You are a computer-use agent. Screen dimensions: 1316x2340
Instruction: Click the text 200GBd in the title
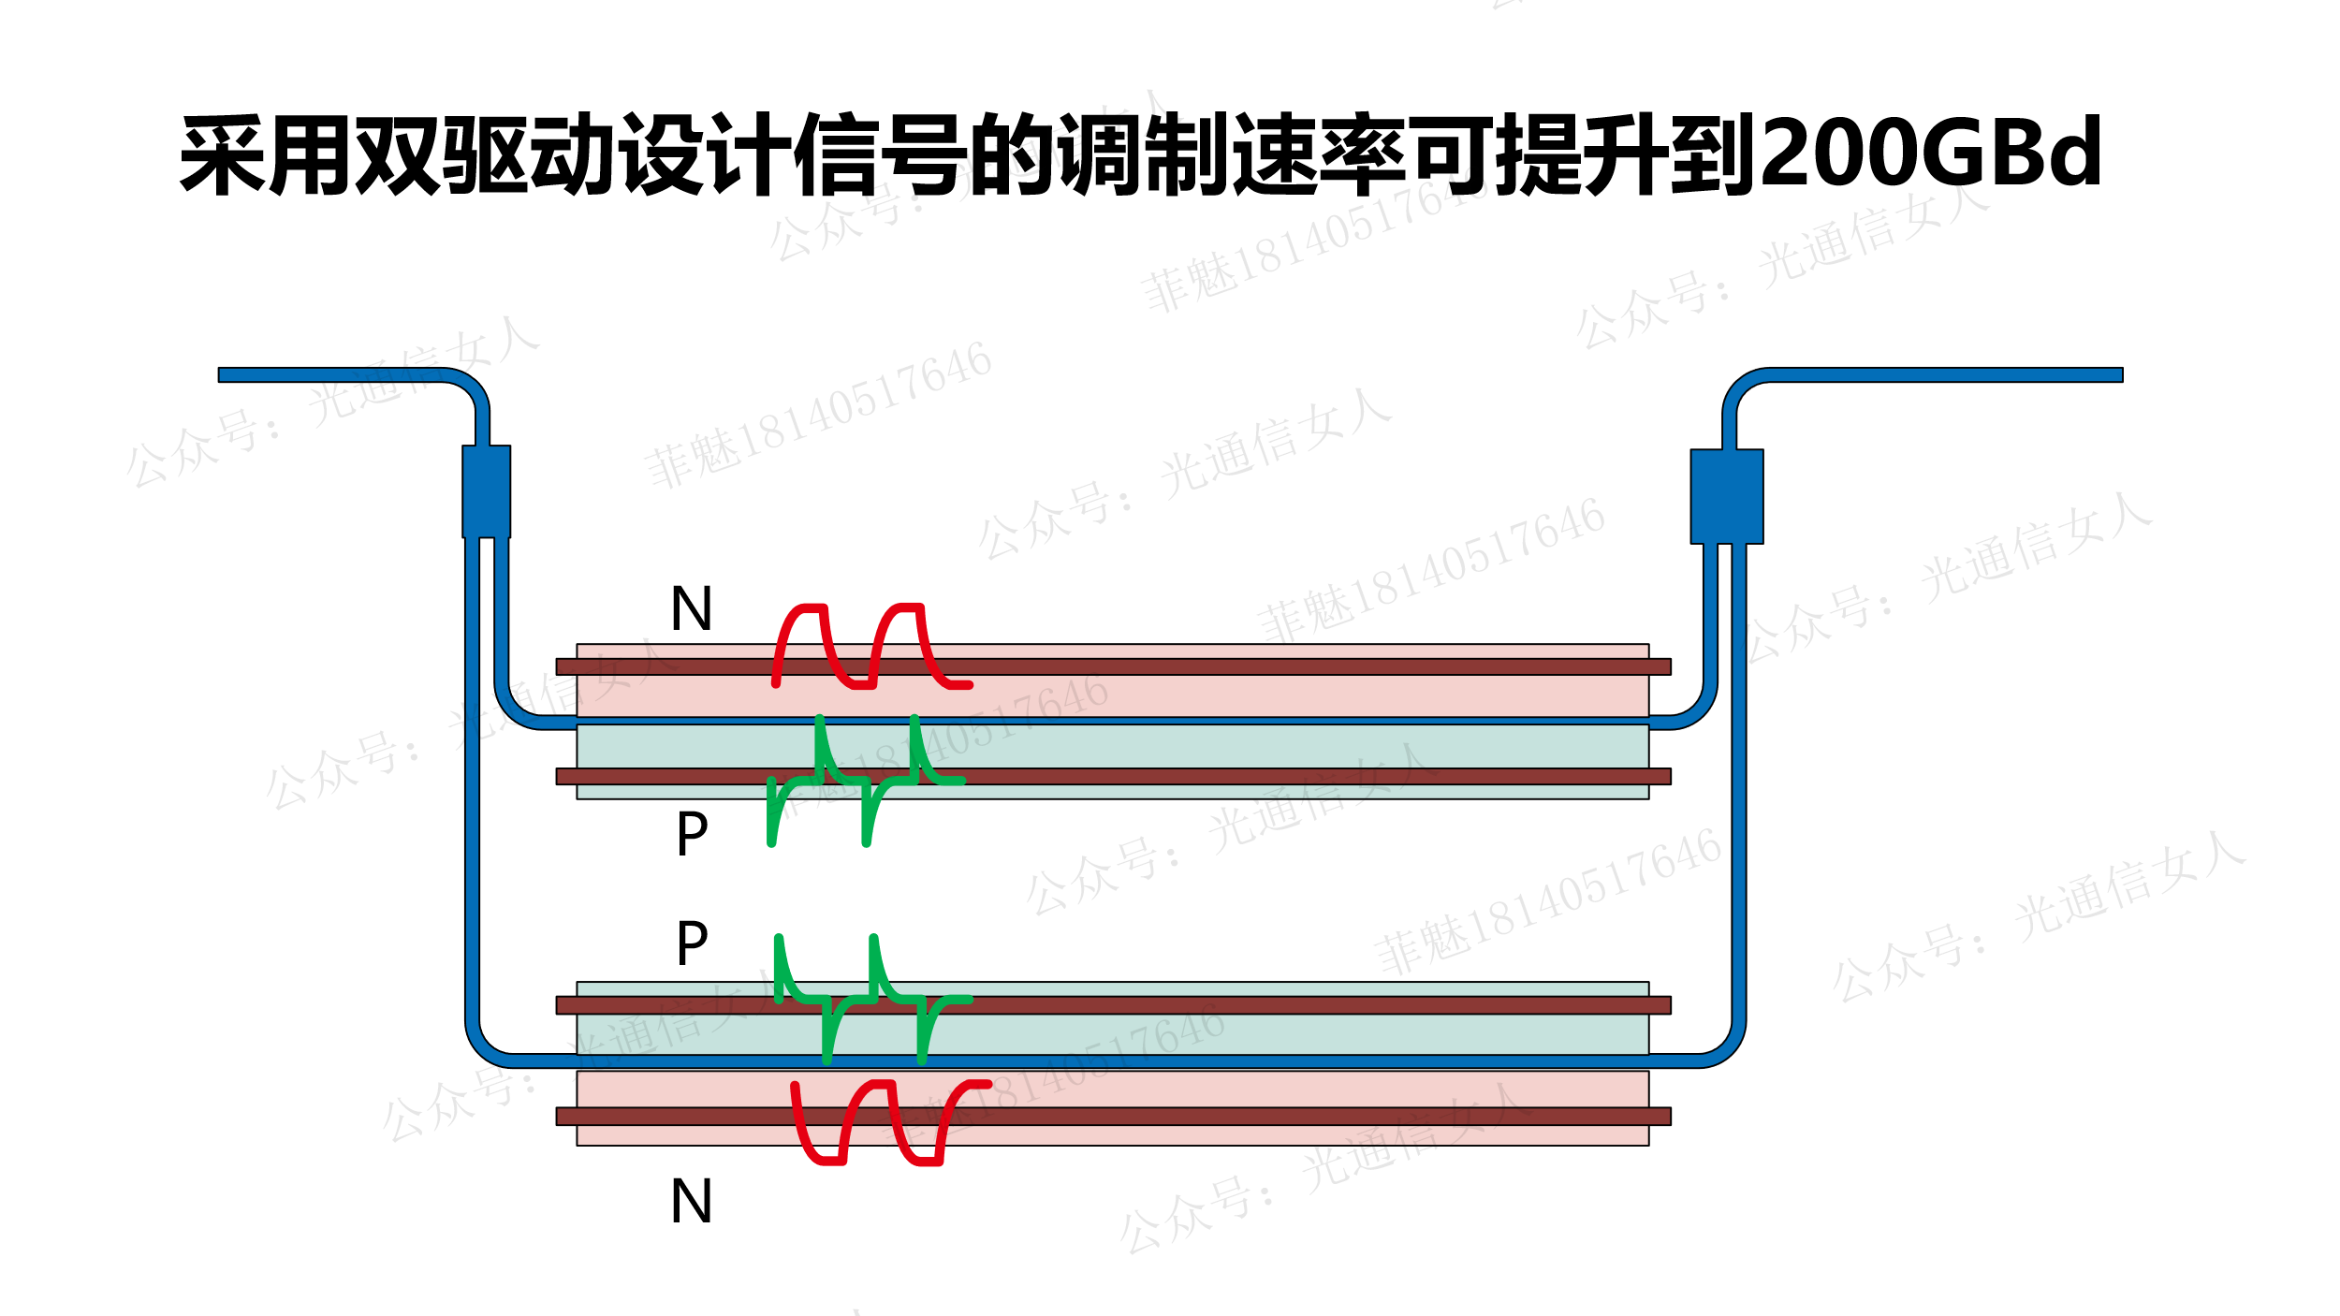coord(1933,153)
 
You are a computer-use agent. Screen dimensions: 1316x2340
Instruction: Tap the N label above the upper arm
coord(692,609)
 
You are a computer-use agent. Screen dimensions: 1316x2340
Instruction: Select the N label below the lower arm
coord(692,1202)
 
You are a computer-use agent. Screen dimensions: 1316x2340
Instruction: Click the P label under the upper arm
coord(692,834)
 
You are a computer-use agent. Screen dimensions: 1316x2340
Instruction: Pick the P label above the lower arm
coord(692,943)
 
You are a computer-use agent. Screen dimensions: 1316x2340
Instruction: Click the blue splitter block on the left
coord(486,492)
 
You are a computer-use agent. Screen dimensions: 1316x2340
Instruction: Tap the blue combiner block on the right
coord(1727,496)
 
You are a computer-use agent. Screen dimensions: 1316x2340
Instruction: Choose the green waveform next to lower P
coord(872,999)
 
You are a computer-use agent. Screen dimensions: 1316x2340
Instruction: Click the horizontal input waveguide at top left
coord(328,375)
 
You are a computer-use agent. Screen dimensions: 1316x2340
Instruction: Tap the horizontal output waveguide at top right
coord(1947,375)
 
